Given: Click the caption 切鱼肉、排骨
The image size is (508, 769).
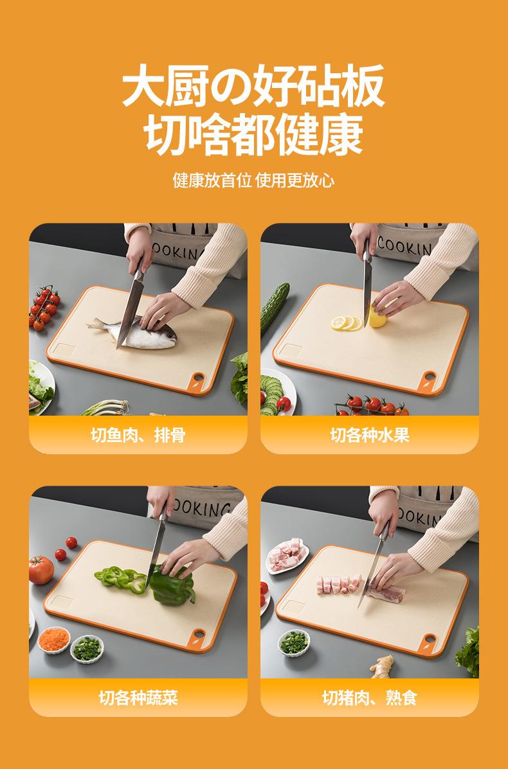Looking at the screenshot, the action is coord(138,434).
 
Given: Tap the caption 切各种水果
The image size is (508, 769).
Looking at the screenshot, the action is coord(370,434).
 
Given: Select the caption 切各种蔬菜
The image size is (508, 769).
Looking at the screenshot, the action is coord(138,697).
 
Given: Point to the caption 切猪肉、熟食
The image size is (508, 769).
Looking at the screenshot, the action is coord(370,697).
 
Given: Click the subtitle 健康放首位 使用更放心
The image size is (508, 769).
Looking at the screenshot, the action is coord(253,181).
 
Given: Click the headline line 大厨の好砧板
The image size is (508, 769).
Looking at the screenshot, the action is coord(253,85).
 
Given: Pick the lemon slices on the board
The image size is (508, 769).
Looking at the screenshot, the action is coord(347,323).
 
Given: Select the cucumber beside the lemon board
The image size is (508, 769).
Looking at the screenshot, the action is coord(275,308).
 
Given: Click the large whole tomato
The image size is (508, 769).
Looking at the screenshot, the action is coord(41,570).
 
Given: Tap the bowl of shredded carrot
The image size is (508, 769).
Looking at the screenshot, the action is coord(54,640).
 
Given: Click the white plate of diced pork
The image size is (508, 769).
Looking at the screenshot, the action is coord(287,556).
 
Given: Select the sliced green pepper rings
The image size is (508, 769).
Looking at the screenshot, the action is coord(120,579).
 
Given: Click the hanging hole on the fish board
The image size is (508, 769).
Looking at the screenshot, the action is coord(199,378).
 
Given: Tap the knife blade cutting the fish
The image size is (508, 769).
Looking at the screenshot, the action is coord(129,314).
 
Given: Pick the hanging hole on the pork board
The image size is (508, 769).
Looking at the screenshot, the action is coord(430,639).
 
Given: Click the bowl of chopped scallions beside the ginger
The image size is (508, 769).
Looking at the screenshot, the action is coord(294,642).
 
